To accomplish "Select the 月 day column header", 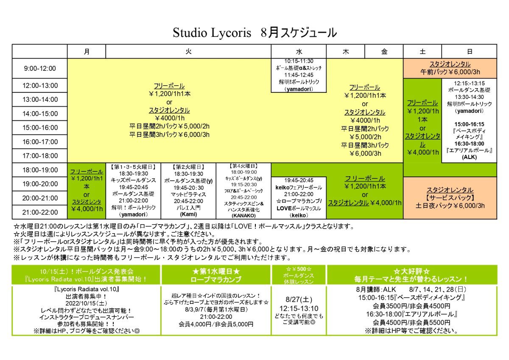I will pyautogui.click(x=87, y=51).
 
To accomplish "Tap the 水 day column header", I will pyautogui.click(x=299, y=51).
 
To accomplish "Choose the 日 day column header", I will pyautogui.click(x=470, y=51).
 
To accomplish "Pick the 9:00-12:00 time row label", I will pyautogui.click(x=39, y=68).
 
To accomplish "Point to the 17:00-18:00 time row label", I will pyautogui.click(x=39, y=156).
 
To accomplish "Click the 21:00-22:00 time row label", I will pyautogui.click(x=39, y=212).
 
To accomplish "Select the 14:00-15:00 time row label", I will pyautogui.click(x=39, y=114).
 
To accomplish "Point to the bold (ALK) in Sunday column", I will pyautogui.click(x=469, y=157).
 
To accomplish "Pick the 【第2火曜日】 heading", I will pyautogui.click(x=188, y=167).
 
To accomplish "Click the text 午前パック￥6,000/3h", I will pyautogui.click(x=450, y=72).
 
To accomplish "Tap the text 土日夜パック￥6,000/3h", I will pyautogui.click(x=450, y=206).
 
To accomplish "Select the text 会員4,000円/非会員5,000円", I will pyautogui.click(x=217, y=324).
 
